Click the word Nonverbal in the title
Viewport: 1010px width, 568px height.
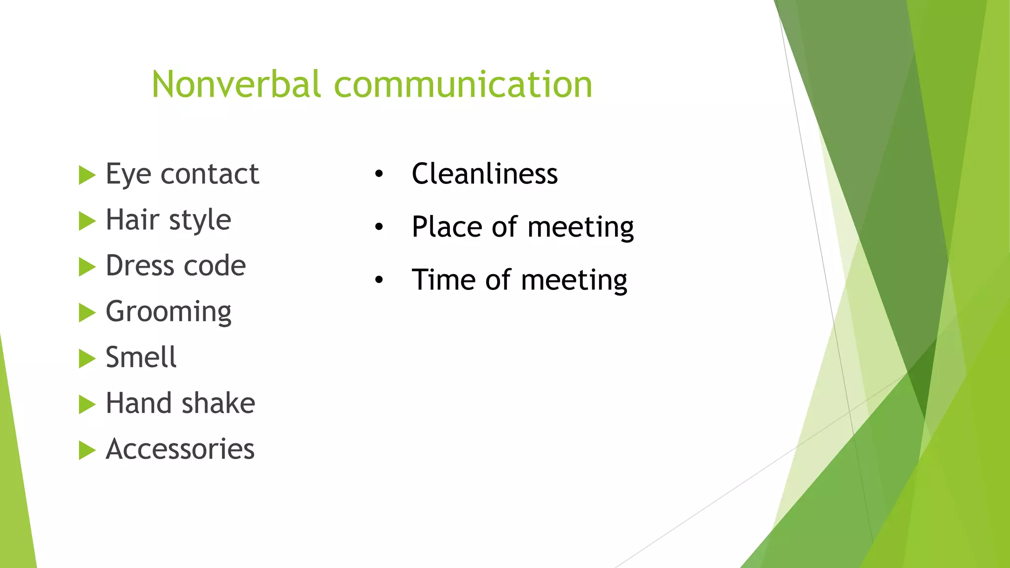click(236, 84)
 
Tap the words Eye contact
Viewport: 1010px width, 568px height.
click(182, 174)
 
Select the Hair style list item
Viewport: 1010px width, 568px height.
click(168, 220)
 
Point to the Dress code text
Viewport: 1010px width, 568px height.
click(176, 266)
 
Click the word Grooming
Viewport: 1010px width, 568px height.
click(168, 312)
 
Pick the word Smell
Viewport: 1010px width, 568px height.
click(141, 357)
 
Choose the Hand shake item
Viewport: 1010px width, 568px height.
click(180, 403)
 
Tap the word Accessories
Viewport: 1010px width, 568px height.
click(180, 449)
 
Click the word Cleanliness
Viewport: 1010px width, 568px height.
click(484, 174)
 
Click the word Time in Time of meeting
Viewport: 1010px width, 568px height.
click(443, 280)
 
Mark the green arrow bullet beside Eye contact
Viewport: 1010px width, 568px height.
click(86, 176)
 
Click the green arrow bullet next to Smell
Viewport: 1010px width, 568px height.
click(86, 359)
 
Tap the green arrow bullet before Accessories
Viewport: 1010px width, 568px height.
click(86, 450)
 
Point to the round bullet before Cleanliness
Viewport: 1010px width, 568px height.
click(379, 174)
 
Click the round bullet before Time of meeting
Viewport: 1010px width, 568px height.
click(379, 280)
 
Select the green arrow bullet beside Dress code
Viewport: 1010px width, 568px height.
click(86, 267)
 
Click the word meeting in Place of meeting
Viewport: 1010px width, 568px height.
click(580, 227)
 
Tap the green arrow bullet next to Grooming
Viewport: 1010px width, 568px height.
click(86, 313)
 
